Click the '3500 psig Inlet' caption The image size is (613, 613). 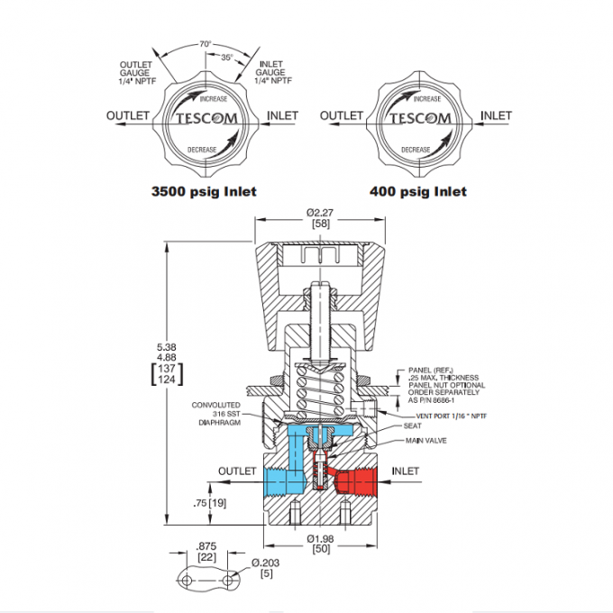[204, 191]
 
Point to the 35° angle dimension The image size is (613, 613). [226, 56]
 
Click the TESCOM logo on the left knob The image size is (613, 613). [206, 119]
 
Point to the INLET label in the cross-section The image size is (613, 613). [407, 471]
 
